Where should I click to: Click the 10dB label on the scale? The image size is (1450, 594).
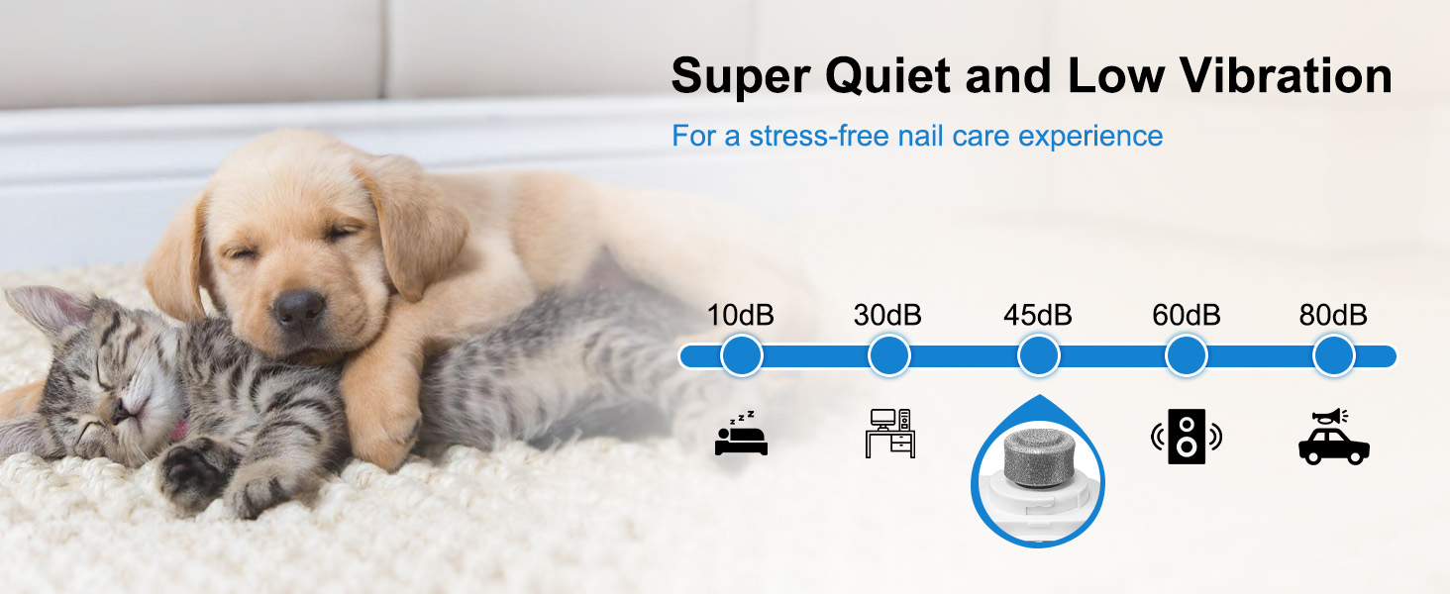pyautogui.click(x=741, y=315)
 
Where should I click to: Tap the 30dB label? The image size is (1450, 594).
pyautogui.click(x=887, y=315)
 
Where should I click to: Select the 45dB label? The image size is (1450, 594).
pyautogui.click(x=1038, y=315)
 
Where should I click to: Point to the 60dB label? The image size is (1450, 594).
pyautogui.click(x=1187, y=315)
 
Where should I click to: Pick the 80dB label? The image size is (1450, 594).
pyautogui.click(x=1333, y=315)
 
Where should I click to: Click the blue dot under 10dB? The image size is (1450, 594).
pyautogui.click(x=742, y=355)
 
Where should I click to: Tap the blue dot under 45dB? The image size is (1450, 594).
pyautogui.click(x=1038, y=355)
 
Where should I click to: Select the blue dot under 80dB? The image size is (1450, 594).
pyautogui.click(x=1333, y=355)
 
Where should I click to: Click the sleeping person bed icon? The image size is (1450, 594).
pyautogui.click(x=741, y=433)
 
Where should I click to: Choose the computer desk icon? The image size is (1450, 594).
pyautogui.click(x=890, y=433)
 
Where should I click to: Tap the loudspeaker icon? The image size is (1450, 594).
pyautogui.click(x=1187, y=437)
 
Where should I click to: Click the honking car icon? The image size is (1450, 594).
pyautogui.click(x=1333, y=437)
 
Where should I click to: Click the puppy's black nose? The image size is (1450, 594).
pyautogui.click(x=298, y=308)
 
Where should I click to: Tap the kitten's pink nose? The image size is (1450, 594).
pyautogui.click(x=122, y=409)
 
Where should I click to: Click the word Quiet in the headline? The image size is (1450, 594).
pyautogui.click(x=887, y=76)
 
